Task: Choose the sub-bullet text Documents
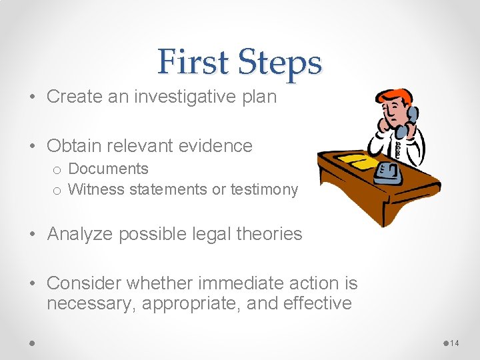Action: (108, 169)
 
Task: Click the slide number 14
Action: (455, 343)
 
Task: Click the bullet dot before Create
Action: (33, 97)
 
